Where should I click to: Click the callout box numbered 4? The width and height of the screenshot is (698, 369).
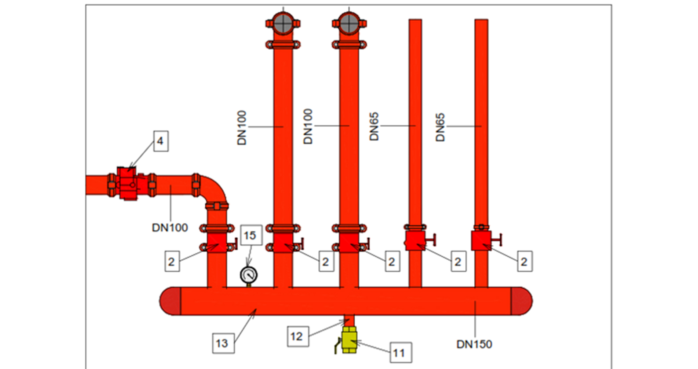click(160, 141)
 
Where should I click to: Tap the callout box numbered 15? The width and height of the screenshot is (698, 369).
click(250, 236)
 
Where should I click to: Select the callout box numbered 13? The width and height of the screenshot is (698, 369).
click(222, 343)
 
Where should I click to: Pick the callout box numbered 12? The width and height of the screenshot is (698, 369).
click(297, 336)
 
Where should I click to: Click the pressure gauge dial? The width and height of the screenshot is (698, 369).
click(249, 275)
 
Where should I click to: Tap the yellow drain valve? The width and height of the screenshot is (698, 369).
click(349, 340)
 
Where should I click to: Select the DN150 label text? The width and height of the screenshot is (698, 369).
click(474, 344)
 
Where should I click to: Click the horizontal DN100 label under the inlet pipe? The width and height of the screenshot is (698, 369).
click(170, 228)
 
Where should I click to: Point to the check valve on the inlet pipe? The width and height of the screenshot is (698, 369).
click(129, 184)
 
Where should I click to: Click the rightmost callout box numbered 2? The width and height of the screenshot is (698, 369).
click(524, 262)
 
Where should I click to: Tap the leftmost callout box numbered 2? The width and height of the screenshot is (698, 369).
click(171, 262)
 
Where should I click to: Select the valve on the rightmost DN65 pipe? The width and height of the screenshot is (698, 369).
click(482, 240)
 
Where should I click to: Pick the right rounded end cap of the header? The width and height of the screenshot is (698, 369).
click(521, 301)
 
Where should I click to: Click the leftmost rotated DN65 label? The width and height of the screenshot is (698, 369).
click(374, 127)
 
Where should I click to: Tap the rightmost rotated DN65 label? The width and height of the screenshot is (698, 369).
click(440, 127)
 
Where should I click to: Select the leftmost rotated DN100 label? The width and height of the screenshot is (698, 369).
click(242, 128)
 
